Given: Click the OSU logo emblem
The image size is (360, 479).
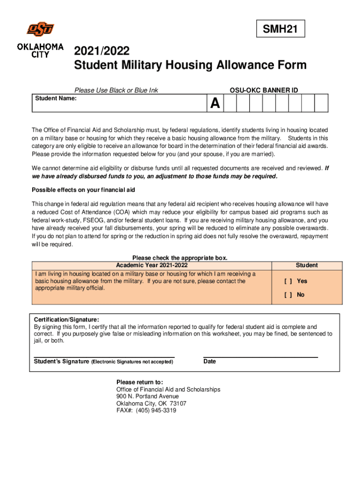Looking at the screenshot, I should pos(40,29).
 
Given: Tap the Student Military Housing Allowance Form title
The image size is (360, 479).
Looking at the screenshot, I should pos(190,65).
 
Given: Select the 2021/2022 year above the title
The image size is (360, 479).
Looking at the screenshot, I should pos(102,51).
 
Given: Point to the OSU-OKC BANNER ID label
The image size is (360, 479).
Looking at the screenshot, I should pos(264,90).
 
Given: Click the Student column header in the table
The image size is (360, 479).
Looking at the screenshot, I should pos(306,265).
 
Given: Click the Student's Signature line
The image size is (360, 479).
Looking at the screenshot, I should pos(104,357).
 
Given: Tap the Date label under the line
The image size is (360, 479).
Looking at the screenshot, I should pos(210,362).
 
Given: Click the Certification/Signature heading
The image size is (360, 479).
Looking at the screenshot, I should pos(66,320).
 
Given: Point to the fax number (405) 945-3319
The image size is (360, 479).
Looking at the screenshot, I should pos(146,410).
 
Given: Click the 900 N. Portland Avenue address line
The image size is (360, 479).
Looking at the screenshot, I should pos(147,396).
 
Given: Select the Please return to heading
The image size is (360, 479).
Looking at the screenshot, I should pos(140,382).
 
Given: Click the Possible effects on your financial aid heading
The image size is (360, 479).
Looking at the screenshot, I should pos(83,190).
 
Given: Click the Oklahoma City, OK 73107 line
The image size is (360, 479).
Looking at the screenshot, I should pos(151,403).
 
